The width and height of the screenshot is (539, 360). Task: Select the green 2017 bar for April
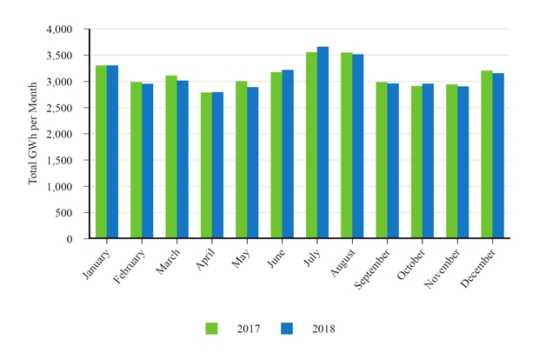click(206, 165)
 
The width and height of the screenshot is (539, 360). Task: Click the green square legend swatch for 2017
click(211, 328)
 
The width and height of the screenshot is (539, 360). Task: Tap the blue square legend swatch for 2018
click(287, 328)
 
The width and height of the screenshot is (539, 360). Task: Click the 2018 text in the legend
click(323, 329)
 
